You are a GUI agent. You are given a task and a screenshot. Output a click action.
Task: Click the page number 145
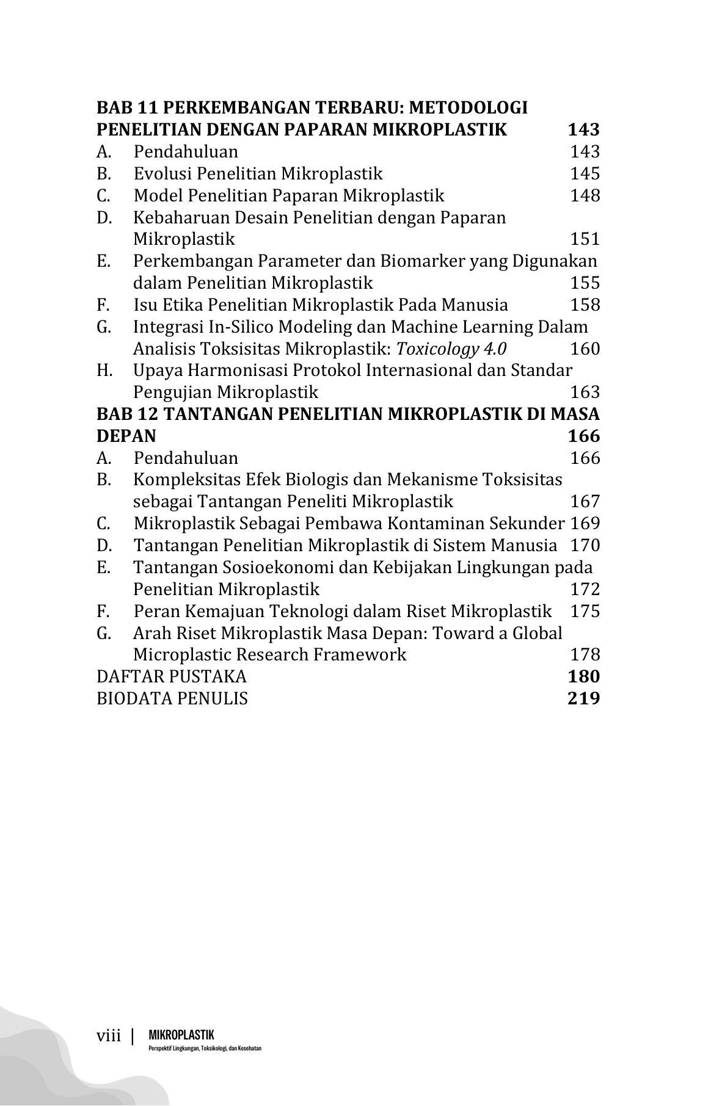[x=585, y=174]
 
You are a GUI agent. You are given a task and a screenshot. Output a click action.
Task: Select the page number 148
[x=585, y=196]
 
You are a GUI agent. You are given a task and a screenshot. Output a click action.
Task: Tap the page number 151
[x=585, y=239]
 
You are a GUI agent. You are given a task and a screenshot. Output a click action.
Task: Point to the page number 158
[x=585, y=305]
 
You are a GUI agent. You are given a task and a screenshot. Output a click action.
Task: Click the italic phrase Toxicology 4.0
[x=451, y=349]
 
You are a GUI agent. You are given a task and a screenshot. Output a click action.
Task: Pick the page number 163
[x=585, y=392]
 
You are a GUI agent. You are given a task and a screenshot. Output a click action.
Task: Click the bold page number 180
[x=583, y=676]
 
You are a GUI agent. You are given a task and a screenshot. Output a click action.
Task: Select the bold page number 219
[x=583, y=698]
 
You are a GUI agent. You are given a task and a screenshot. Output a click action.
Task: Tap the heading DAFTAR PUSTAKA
[x=172, y=676]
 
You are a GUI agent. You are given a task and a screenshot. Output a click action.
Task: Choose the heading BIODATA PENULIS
[x=172, y=698]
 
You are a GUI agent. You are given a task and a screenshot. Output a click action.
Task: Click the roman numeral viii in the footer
[x=109, y=1036]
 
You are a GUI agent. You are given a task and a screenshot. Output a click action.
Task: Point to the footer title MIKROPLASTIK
[x=181, y=1035]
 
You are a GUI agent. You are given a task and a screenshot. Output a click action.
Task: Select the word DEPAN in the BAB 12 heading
[x=126, y=436]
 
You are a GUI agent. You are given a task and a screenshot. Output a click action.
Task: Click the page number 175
[x=585, y=612]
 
